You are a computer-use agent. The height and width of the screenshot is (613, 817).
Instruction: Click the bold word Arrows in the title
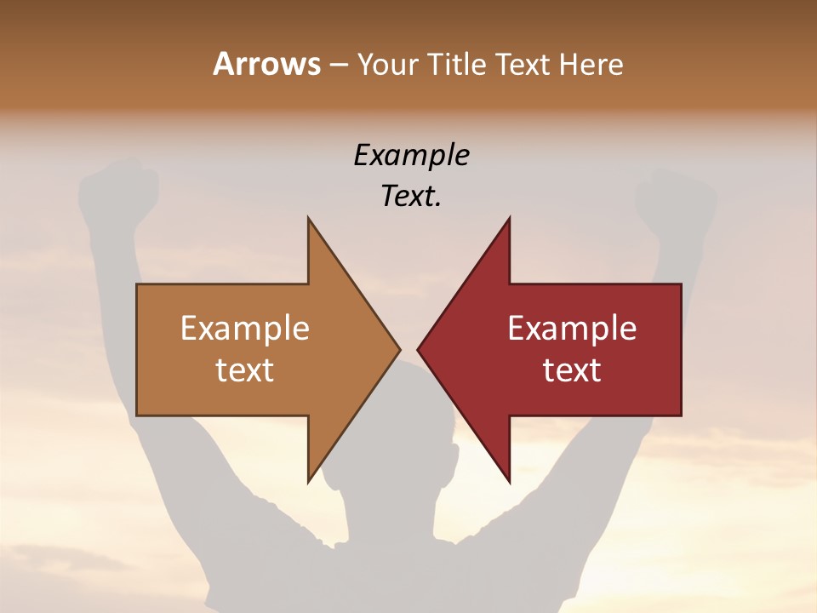click(x=266, y=64)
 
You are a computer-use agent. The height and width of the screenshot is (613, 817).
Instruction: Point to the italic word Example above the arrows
click(x=411, y=155)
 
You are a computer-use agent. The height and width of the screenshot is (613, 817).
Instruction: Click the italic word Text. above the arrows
click(x=411, y=197)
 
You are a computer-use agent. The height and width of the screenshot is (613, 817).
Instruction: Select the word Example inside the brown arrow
click(x=245, y=329)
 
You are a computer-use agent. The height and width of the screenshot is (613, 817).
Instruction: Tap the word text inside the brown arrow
click(x=245, y=370)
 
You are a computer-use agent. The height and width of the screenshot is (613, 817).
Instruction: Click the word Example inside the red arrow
click(x=572, y=329)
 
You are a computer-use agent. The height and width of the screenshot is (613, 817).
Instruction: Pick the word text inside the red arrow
click(x=572, y=370)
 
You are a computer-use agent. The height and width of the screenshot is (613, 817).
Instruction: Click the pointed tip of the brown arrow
click(x=400, y=349)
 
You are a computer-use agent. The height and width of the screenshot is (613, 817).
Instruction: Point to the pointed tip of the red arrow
click(x=418, y=349)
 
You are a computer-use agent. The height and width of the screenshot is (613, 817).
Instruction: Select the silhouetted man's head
click(x=408, y=426)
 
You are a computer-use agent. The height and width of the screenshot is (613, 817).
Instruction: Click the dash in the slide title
click(x=338, y=65)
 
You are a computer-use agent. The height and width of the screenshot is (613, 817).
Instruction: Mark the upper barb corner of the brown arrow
click(x=308, y=219)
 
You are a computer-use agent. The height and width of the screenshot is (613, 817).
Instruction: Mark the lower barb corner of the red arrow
click(x=509, y=482)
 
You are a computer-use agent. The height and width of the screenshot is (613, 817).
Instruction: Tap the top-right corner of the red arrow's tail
click(x=681, y=284)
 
